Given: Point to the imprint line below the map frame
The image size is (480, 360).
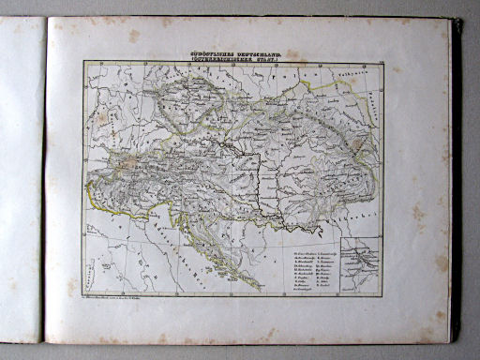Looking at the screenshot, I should [131, 300].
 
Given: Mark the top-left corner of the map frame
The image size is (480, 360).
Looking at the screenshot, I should [83, 63].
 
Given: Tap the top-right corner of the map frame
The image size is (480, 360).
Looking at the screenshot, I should [382, 63].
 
